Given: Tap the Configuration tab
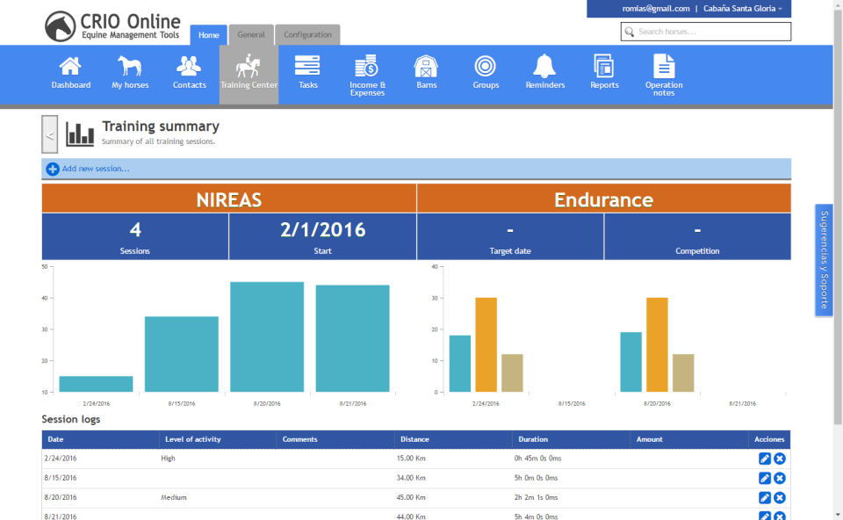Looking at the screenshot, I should pos(307,35).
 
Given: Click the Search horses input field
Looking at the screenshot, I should pos(711,32).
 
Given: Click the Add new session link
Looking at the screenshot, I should pos(95,169).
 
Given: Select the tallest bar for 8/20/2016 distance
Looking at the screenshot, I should pos(267,336).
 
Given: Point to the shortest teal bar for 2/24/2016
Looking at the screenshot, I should pos(96,384).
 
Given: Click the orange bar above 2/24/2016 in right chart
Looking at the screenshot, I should pos(486,344).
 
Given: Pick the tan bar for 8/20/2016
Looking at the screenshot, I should pos(683,372).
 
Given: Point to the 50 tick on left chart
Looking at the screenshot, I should pos(45,266).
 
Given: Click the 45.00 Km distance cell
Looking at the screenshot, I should pos(411,497).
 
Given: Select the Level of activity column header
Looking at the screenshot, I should pos(192,439).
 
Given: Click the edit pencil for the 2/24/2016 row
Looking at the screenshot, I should pos(764,459).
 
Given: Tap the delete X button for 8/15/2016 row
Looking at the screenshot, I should pos(780,478).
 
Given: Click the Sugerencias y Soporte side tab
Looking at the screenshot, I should pos(824,260).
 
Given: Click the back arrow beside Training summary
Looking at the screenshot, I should pos(50,135).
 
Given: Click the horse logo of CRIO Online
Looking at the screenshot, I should pos(61,25).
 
